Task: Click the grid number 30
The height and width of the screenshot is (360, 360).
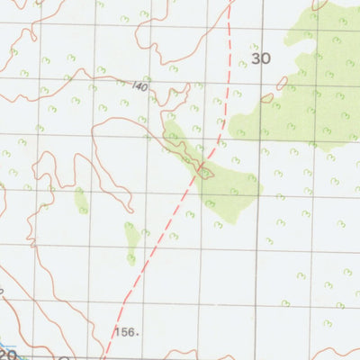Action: click(261, 58)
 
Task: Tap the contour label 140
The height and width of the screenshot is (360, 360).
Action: click(139, 86)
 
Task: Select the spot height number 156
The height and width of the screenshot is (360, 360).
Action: click(126, 331)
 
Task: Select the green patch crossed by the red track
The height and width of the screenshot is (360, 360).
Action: click(225, 184)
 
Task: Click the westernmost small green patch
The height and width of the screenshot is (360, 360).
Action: click(81, 200)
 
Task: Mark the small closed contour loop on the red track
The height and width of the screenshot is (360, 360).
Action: click(206, 172)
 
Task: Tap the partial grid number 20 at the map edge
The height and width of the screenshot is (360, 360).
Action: click(7, 354)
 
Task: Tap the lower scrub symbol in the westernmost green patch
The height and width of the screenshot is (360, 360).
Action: click(83, 210)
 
